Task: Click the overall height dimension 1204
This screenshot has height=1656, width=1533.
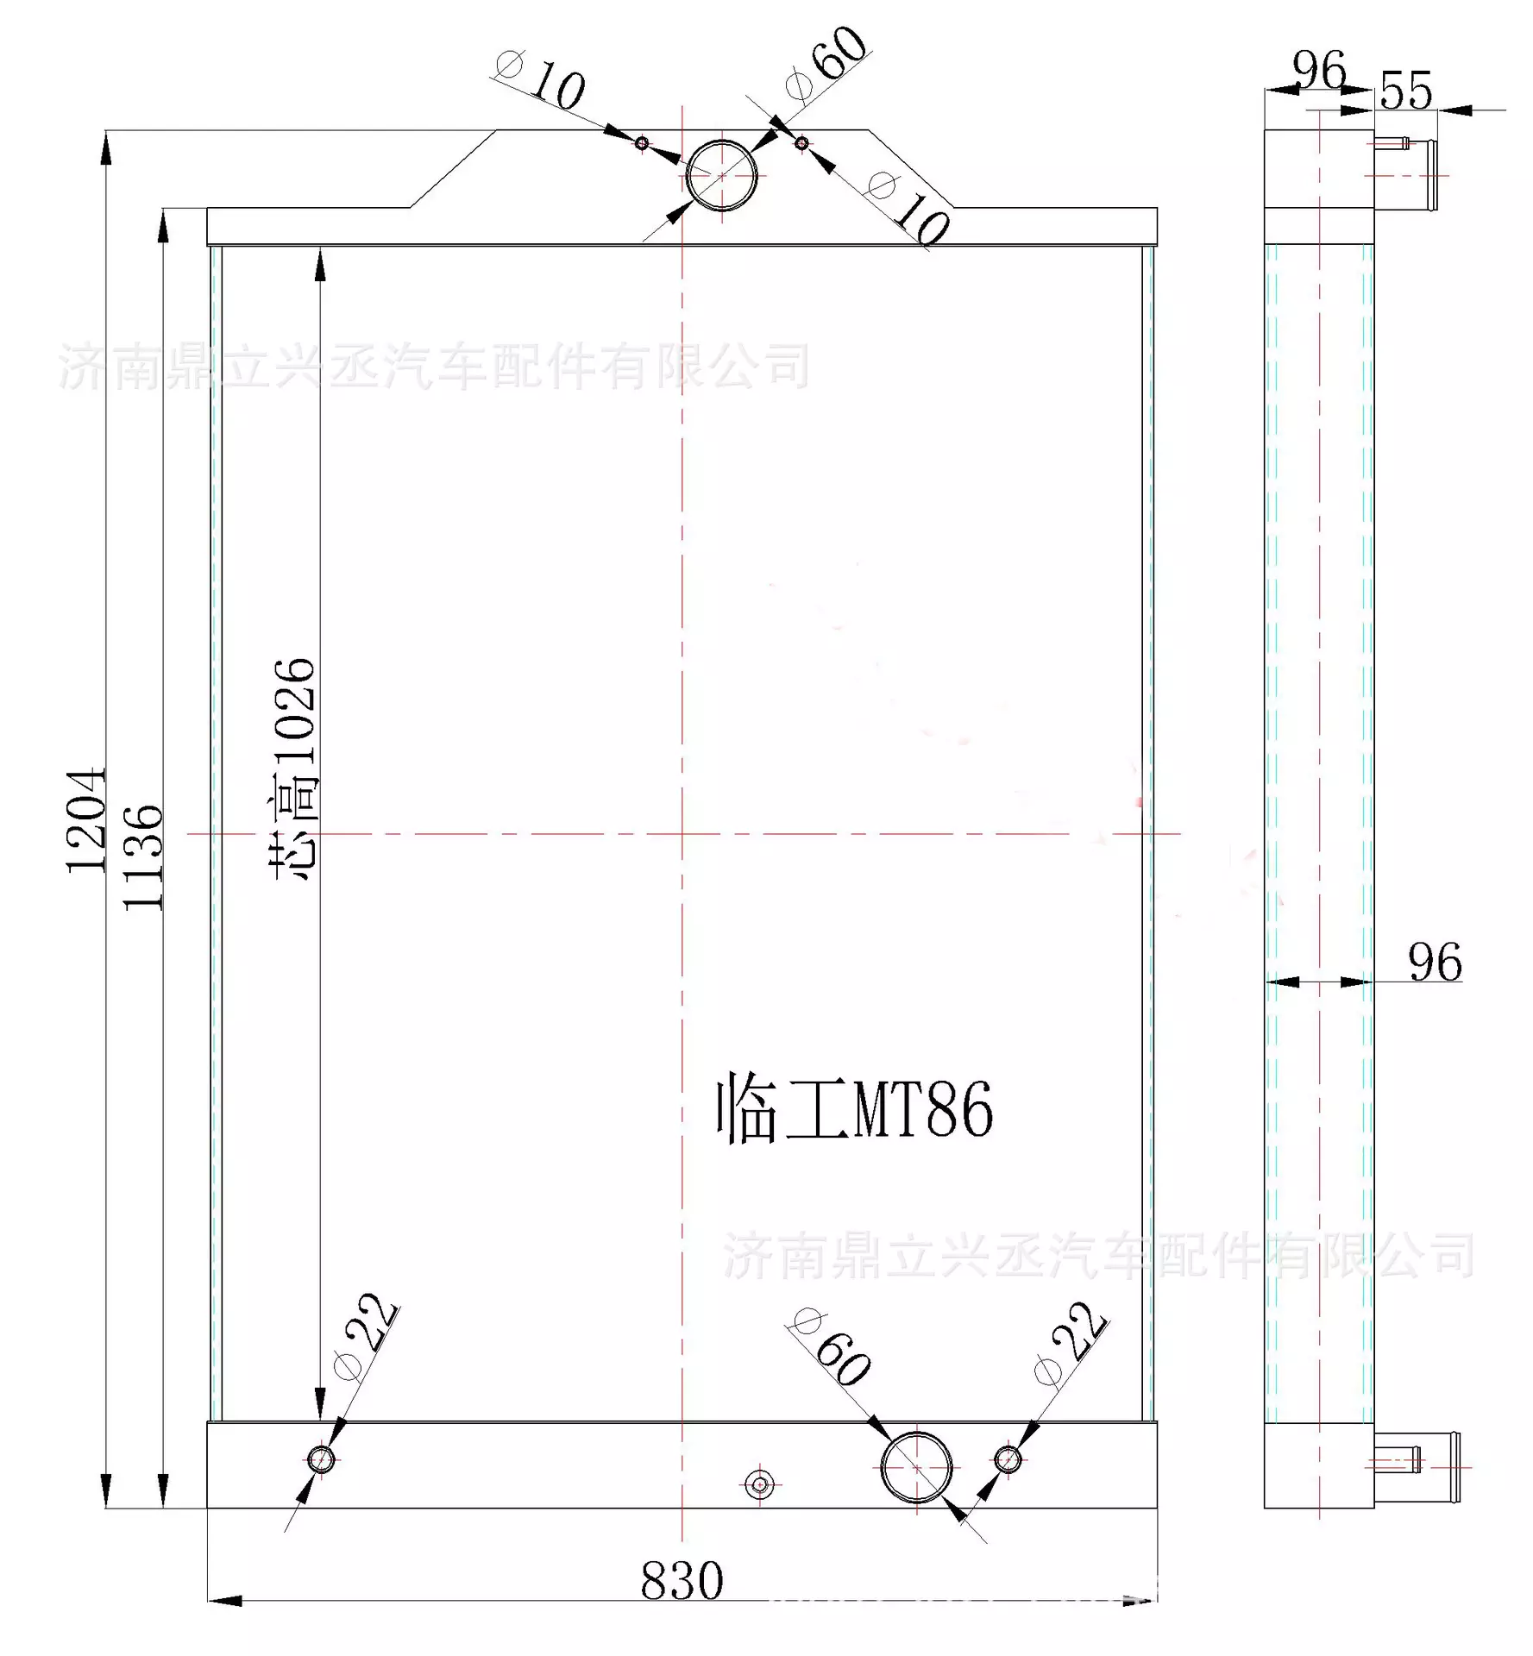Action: (x=86, y=819)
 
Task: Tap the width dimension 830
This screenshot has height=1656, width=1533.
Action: (x=682, y=1581)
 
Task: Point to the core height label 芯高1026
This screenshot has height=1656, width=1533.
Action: (x=296, y=768)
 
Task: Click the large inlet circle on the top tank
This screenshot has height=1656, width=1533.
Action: (x=721, y=176)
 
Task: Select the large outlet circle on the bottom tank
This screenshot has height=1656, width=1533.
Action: (x=916, y=1467)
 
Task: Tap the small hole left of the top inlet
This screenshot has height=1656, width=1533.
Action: (x=642, y=143)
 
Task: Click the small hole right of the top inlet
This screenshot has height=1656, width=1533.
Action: (x=802, y=143)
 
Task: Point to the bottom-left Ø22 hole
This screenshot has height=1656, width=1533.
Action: (x=321, y=1459)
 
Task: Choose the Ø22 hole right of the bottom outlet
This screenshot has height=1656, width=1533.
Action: (x=1008, y=1459)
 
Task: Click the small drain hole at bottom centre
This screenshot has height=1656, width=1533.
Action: (x=760, y=1483)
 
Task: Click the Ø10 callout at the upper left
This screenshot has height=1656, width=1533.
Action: (x=543, y=79)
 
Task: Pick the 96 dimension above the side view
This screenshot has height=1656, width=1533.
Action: (x=1319, y=71)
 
